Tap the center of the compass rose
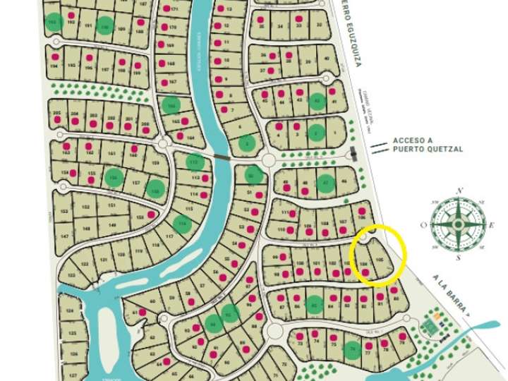point(459,224)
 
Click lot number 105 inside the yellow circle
point(381,260)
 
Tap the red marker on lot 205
point(57,122)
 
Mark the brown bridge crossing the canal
point(222,159)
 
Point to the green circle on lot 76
point(352,348)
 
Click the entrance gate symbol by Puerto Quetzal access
point(353,154)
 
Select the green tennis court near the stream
point(429,325)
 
